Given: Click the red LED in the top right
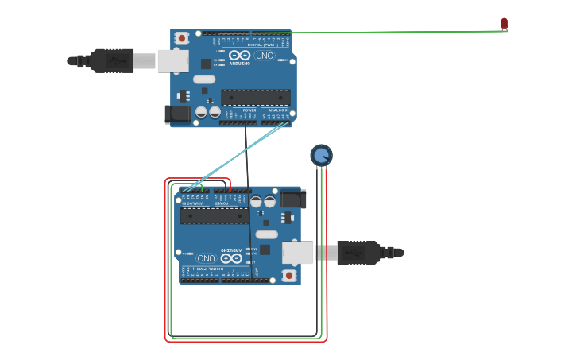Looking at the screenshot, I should (504, 23).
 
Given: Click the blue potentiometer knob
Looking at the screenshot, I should (321, 155).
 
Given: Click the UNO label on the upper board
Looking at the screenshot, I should (264, 56).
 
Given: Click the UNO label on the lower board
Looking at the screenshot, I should (206, 258).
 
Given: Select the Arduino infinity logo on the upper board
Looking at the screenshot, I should (239, 56).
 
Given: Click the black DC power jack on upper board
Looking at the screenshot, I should (178, 114).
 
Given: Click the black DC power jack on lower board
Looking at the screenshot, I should (292, 199).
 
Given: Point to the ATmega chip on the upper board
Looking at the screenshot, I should (255, 98).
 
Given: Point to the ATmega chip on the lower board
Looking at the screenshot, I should (215, 216).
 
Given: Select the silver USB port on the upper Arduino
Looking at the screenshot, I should (172, 60).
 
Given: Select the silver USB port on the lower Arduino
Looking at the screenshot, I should (299, 253).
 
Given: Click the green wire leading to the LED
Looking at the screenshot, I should (397, 32).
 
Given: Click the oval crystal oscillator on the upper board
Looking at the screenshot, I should (204, 79).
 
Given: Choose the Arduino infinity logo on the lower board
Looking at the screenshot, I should (231, 258).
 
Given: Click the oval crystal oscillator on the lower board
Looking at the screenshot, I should (267, 234).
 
